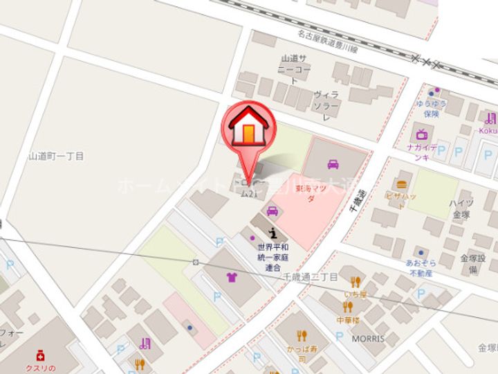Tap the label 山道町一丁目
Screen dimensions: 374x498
pos(56,157)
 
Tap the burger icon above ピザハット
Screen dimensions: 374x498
pos(402,184)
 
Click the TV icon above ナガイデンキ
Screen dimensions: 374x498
pos(421,134)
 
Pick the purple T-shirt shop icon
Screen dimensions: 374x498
pos(230,278)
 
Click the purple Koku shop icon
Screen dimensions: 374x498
pos(490,118)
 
